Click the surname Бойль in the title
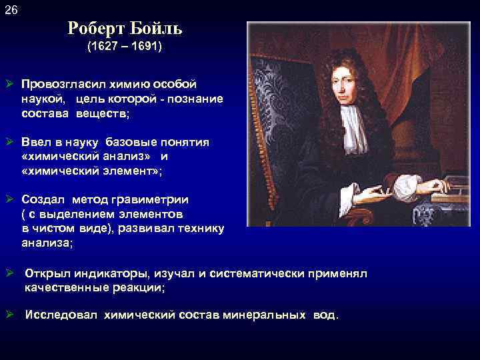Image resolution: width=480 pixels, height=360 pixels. [x=154, y=29]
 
